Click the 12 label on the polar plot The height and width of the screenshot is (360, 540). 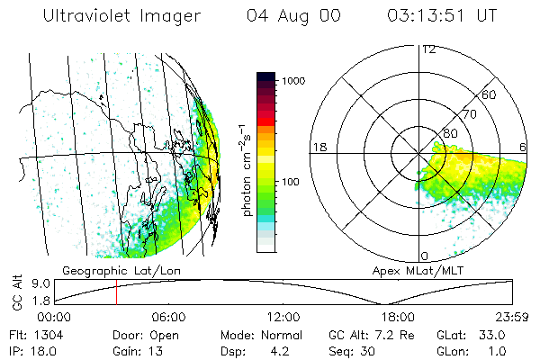click(428, 49)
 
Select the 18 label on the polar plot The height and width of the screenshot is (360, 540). click(319, 147)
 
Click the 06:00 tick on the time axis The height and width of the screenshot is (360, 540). click(168, 317)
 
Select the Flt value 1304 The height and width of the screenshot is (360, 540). click(46, 334)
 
